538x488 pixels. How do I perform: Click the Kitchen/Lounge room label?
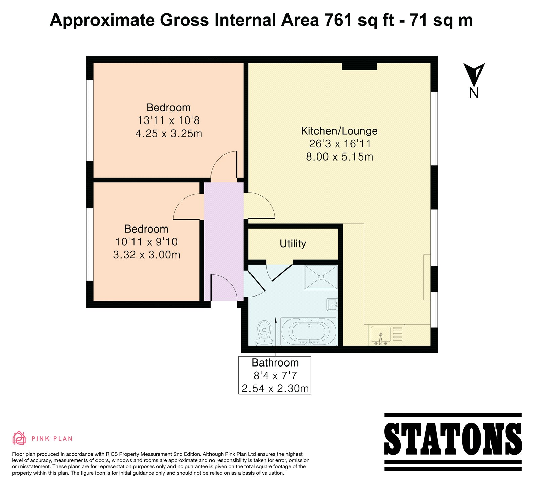[x=339, y=131]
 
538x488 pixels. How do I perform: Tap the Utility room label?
[x=293, y=244]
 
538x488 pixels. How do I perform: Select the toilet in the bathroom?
[x=264, y=333]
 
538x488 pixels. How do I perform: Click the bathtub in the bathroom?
[x=309, y=331]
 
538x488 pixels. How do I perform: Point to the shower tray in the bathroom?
[x=321, y=277]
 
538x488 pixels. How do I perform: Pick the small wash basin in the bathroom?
[x=333, y=304]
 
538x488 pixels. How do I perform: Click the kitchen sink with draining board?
[x=387, y=335]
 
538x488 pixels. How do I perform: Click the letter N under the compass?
[x=474, y=93]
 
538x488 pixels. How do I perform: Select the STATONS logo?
[x=453, y=442]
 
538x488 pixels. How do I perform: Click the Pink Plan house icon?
[x=19, y=438]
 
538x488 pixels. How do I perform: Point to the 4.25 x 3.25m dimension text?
[x=169, y=134]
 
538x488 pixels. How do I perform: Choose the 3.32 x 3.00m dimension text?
[x=147, y=255]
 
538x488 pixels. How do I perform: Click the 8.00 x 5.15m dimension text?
[x=340, y=157]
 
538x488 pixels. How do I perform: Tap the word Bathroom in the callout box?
[x=275, y=363]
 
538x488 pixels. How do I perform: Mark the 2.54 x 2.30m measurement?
[x=275, y=389]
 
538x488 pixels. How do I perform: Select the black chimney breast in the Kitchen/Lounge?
[x=359, y=66]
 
